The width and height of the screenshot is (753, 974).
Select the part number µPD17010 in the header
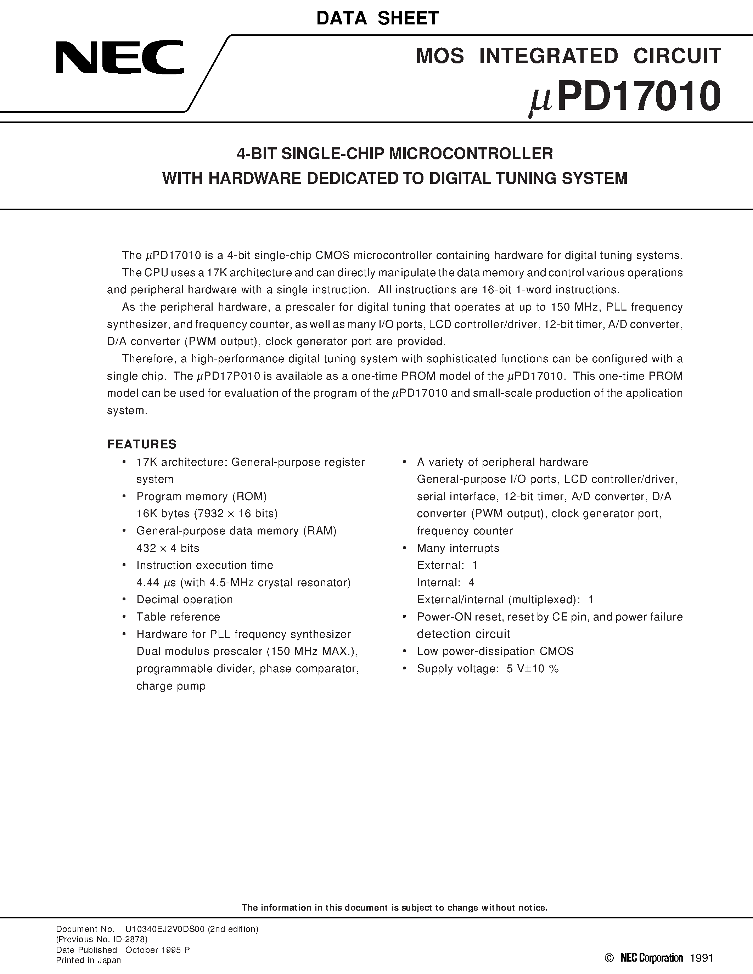click(624, 97)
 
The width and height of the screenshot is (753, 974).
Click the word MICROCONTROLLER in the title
click(471, 154)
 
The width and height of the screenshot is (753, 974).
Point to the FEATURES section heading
click(142, 444)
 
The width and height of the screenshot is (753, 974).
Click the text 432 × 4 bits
click(168, 548)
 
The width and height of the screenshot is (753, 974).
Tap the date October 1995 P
click(157, 948)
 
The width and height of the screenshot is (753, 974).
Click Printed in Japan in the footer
click(88, 957)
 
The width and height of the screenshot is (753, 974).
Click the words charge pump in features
click(171, 686)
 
